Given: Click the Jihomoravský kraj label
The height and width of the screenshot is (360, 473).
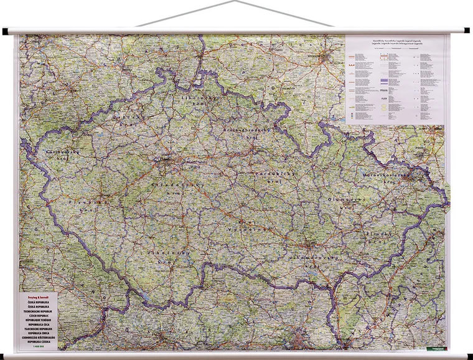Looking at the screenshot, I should coord(316,258).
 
